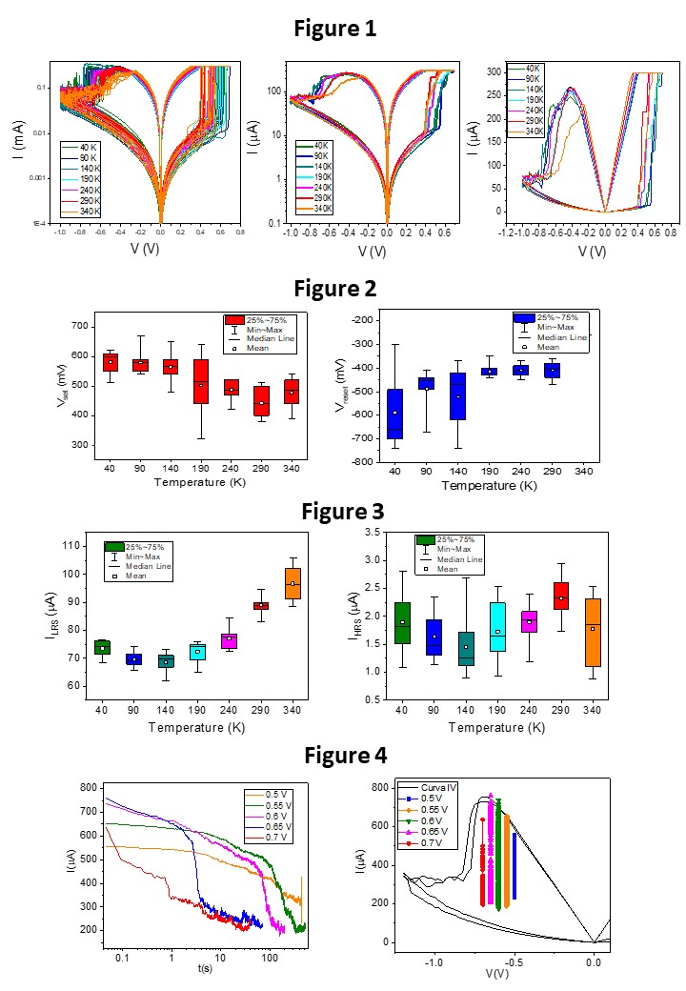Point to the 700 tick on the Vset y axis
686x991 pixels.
pos(79,327)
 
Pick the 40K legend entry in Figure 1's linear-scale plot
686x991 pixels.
pos(524,68)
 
